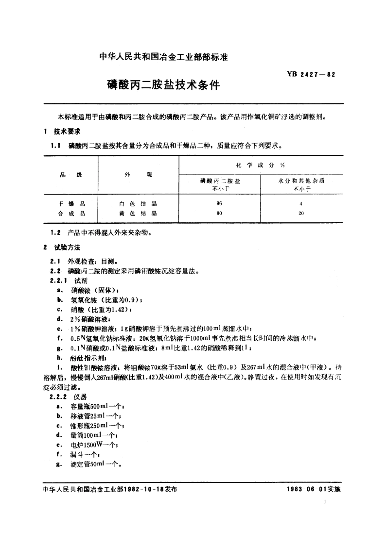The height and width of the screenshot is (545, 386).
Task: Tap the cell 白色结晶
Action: (139, 204)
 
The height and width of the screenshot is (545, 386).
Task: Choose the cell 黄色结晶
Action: (139, 213)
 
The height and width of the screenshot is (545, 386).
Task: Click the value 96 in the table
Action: (219, 204)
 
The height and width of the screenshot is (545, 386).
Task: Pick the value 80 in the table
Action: (219, 213)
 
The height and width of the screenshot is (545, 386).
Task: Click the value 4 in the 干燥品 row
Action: (301, 204)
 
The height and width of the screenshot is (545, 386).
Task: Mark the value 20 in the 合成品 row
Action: (301, 213)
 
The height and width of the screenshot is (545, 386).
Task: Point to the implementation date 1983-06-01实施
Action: (315, 489)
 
